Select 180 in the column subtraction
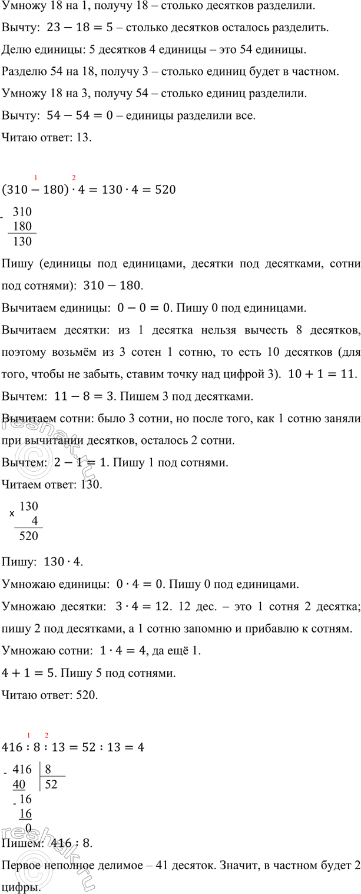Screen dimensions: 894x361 coord(26,227)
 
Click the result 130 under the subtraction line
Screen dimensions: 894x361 coord(26,241)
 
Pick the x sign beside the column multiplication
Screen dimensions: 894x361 coord(12,514)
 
